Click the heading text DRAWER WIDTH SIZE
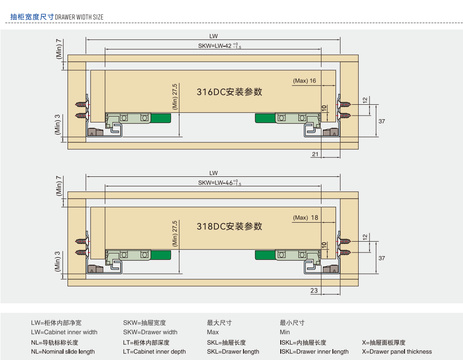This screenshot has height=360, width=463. [x=79, y=17]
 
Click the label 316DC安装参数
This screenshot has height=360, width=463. [x=229, y=92]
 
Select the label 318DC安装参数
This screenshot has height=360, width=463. [x=229, y=226]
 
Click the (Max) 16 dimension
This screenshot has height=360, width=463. [x=304, y=81]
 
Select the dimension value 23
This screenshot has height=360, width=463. [x=314, y=291]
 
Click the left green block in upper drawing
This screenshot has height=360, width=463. [x=161, y=118]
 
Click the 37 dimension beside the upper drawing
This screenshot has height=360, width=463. [x=382, y=122]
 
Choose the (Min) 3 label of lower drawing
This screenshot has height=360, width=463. [x=58, y=261]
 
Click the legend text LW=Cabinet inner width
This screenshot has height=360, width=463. [x=64, y=332]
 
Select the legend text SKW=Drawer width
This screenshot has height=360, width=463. [x=150, y=332]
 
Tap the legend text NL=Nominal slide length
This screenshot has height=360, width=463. [x=63, y=352]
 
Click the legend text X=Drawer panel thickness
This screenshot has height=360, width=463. [x=397, y=352]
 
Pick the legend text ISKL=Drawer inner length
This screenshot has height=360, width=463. [x=314, y=352]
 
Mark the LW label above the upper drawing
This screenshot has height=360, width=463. [x=214, y=36]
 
